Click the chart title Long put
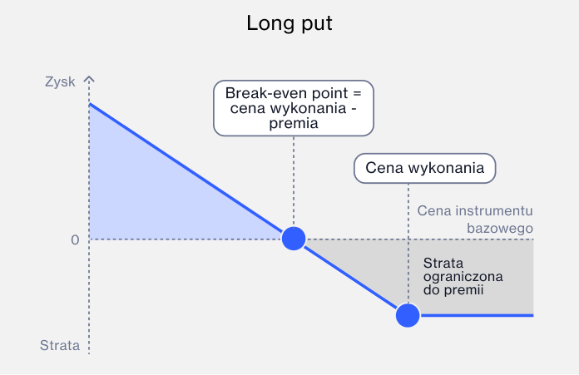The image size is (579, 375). [289, 23]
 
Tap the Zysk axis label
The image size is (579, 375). [60, 82]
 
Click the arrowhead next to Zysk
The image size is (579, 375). [89, 79]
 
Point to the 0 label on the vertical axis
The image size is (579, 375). [75, 240]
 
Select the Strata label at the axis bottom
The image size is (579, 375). [60, 345]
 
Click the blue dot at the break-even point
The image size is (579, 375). [294, 239]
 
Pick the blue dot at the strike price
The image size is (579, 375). [408, 315]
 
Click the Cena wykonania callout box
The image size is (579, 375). [424, 168]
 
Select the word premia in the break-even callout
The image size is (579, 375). [294, 123]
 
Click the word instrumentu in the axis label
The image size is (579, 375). [494, 210]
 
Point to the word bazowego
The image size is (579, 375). [500, 229]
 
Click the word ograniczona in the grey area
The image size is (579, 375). [463, 276]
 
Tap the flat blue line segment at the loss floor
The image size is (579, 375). [477, 315]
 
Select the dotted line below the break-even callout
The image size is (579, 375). [294, 181]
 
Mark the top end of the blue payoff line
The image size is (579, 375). [90, 104]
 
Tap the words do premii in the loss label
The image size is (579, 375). [453, 289]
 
